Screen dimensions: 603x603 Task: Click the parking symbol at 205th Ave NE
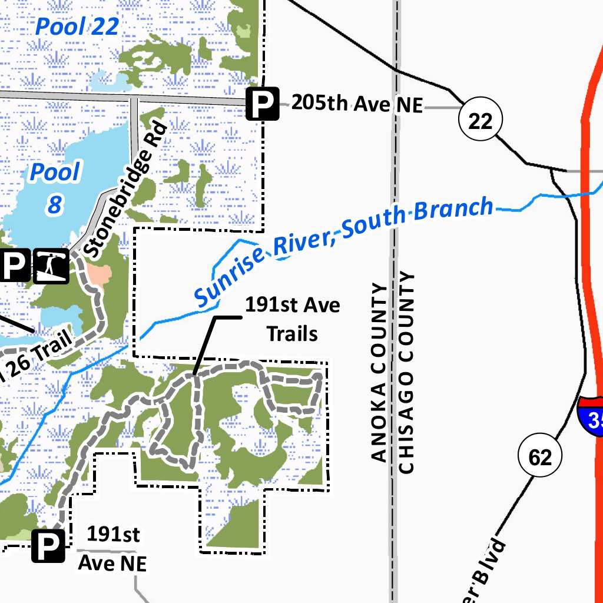coord(262,104)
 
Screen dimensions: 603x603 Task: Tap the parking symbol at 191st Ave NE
coord(48,546)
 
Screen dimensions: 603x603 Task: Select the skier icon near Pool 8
coord(51,266)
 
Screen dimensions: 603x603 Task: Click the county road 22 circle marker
coord(480,121)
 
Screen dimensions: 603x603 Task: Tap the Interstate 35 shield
coord(592,416)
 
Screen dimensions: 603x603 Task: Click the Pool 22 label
coord(77,26)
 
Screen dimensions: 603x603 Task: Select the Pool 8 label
coord(55,187)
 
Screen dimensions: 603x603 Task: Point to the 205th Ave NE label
coord(357,104)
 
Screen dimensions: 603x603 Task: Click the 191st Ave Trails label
coord(292,320)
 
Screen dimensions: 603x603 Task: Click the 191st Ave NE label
coord(112,549)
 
